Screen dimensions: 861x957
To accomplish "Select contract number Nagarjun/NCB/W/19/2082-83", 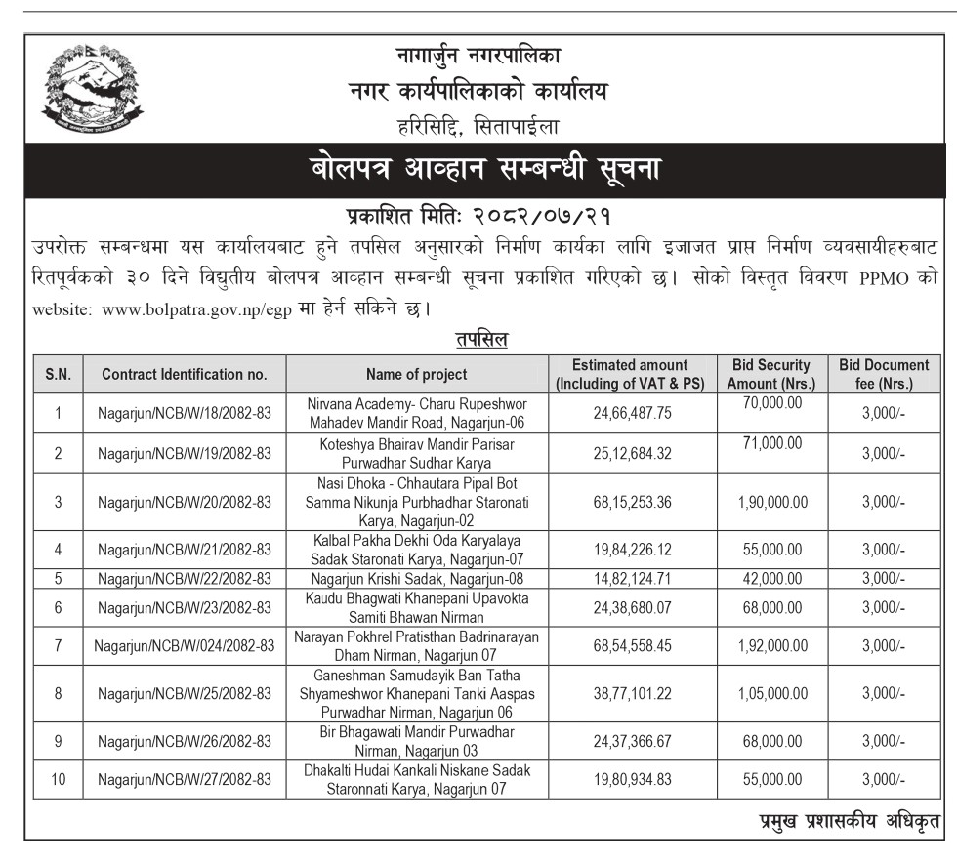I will click(184, 454).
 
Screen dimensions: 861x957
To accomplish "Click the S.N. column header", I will click(58, 374).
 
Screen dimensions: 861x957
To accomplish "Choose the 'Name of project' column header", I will click(416, 374).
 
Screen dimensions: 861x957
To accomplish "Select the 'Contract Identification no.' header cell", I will click(184, 374).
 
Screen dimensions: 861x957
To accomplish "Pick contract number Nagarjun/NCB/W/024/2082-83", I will click(184, 645).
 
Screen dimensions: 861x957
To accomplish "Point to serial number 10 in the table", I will click(58, 779).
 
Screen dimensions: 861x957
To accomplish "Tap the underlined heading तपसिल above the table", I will click(480, 340).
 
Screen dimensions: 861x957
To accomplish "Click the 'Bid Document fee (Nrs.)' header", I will click(884, 374).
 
